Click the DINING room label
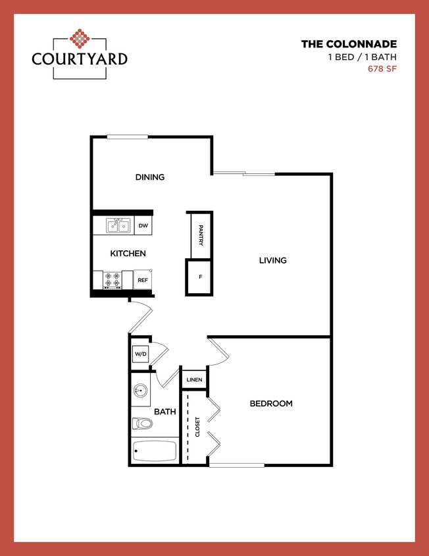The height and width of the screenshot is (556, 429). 150,177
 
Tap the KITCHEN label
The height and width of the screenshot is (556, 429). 128,254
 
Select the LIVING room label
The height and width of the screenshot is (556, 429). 272,260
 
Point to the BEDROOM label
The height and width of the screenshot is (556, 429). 271,404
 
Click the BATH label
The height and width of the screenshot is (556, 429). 164,412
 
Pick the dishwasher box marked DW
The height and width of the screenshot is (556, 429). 143,226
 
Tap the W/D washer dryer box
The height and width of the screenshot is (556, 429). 140,354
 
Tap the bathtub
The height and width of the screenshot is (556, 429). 155,451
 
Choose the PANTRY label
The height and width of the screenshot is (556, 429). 200,235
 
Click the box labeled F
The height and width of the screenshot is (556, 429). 200,277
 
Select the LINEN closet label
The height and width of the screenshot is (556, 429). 194,380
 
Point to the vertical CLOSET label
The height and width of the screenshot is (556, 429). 197,427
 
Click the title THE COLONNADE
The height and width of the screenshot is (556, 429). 349,45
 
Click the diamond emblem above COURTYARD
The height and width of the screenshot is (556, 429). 80,39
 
